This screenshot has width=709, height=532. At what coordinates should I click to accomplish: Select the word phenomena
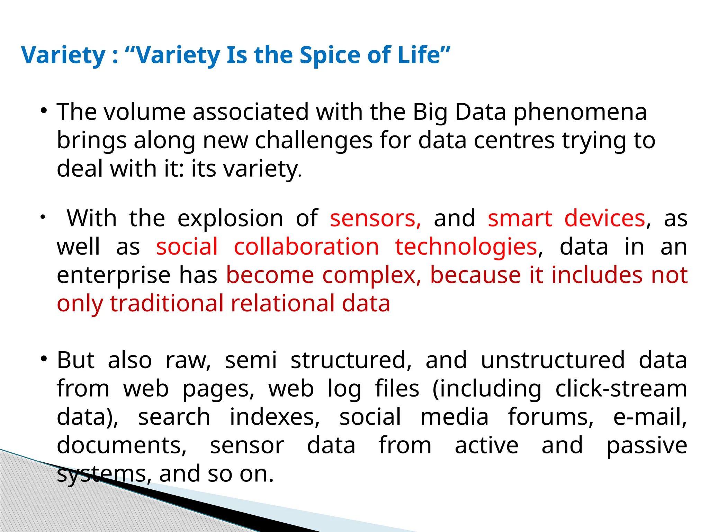click(x=580, y=112)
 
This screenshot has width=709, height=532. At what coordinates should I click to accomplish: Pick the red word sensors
click(x=375, y=219)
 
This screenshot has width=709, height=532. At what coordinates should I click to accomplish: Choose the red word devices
click(x=605, y=219)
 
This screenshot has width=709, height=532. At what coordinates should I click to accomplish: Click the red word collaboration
click(x=306, y=247)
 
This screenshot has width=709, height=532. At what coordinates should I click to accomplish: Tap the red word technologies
click(x=466, y=247)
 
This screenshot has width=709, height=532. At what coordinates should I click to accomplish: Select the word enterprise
click(x=114, y=275)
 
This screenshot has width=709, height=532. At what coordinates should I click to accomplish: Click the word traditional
click(x=167, y=304)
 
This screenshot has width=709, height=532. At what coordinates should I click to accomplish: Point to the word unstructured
click(x=553, y=360)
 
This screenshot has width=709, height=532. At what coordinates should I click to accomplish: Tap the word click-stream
click(x=621, y=389)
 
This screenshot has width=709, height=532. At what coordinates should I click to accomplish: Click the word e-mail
click(x=650, y=417)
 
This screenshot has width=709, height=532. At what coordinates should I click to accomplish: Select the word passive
click(x=647, y=446)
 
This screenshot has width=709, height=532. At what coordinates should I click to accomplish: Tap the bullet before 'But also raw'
click(x=44, y=359)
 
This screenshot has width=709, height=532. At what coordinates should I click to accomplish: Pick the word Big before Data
click(x=430, y=112)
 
